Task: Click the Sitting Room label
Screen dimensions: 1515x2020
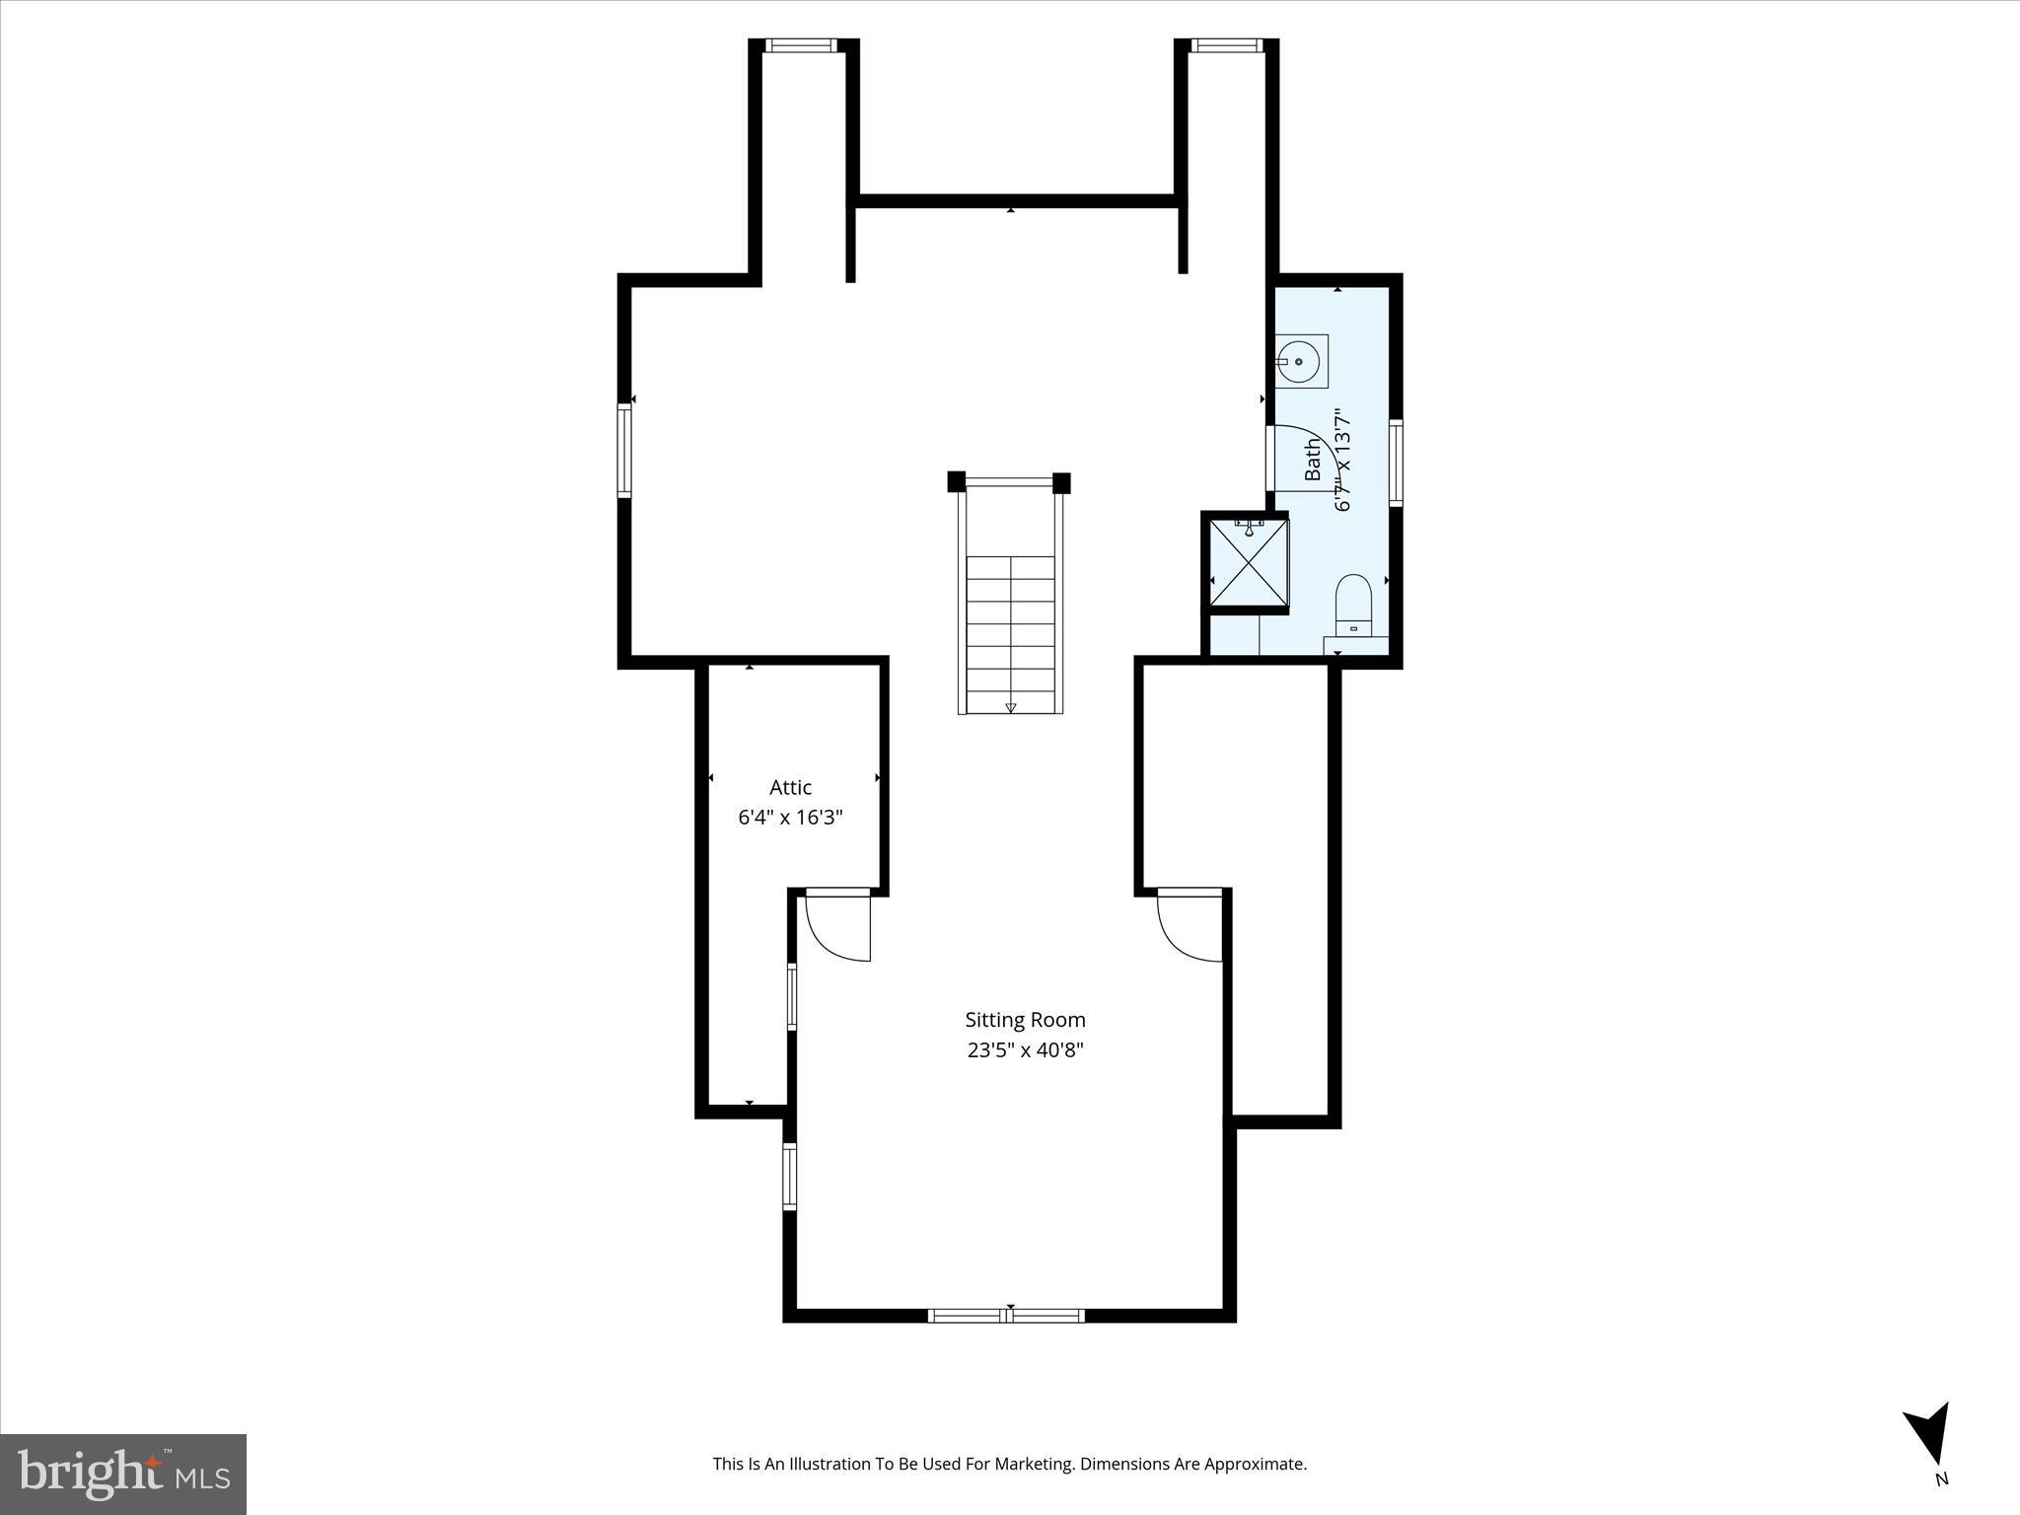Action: point(1025,1020)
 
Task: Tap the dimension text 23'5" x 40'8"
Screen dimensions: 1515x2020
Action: point(1025,1050)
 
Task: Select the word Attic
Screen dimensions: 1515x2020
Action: point(790,787)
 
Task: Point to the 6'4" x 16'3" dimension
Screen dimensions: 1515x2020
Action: point(790,818)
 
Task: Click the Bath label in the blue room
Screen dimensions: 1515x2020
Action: point(1313,461)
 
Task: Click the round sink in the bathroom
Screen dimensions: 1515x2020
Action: point(1299,362)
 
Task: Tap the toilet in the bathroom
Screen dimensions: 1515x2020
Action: point(1353,606)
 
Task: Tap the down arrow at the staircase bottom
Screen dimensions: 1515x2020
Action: point(1010,707)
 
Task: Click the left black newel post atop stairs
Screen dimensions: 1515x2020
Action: point(956,481)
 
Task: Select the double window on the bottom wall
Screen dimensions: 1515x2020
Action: point(1006,1315)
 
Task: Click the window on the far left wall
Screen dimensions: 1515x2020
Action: point(624,450)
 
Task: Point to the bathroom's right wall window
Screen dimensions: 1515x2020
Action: point(1396,463)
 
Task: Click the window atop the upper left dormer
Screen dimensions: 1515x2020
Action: point(801,45)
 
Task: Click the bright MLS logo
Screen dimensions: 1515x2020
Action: point(123,1474)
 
